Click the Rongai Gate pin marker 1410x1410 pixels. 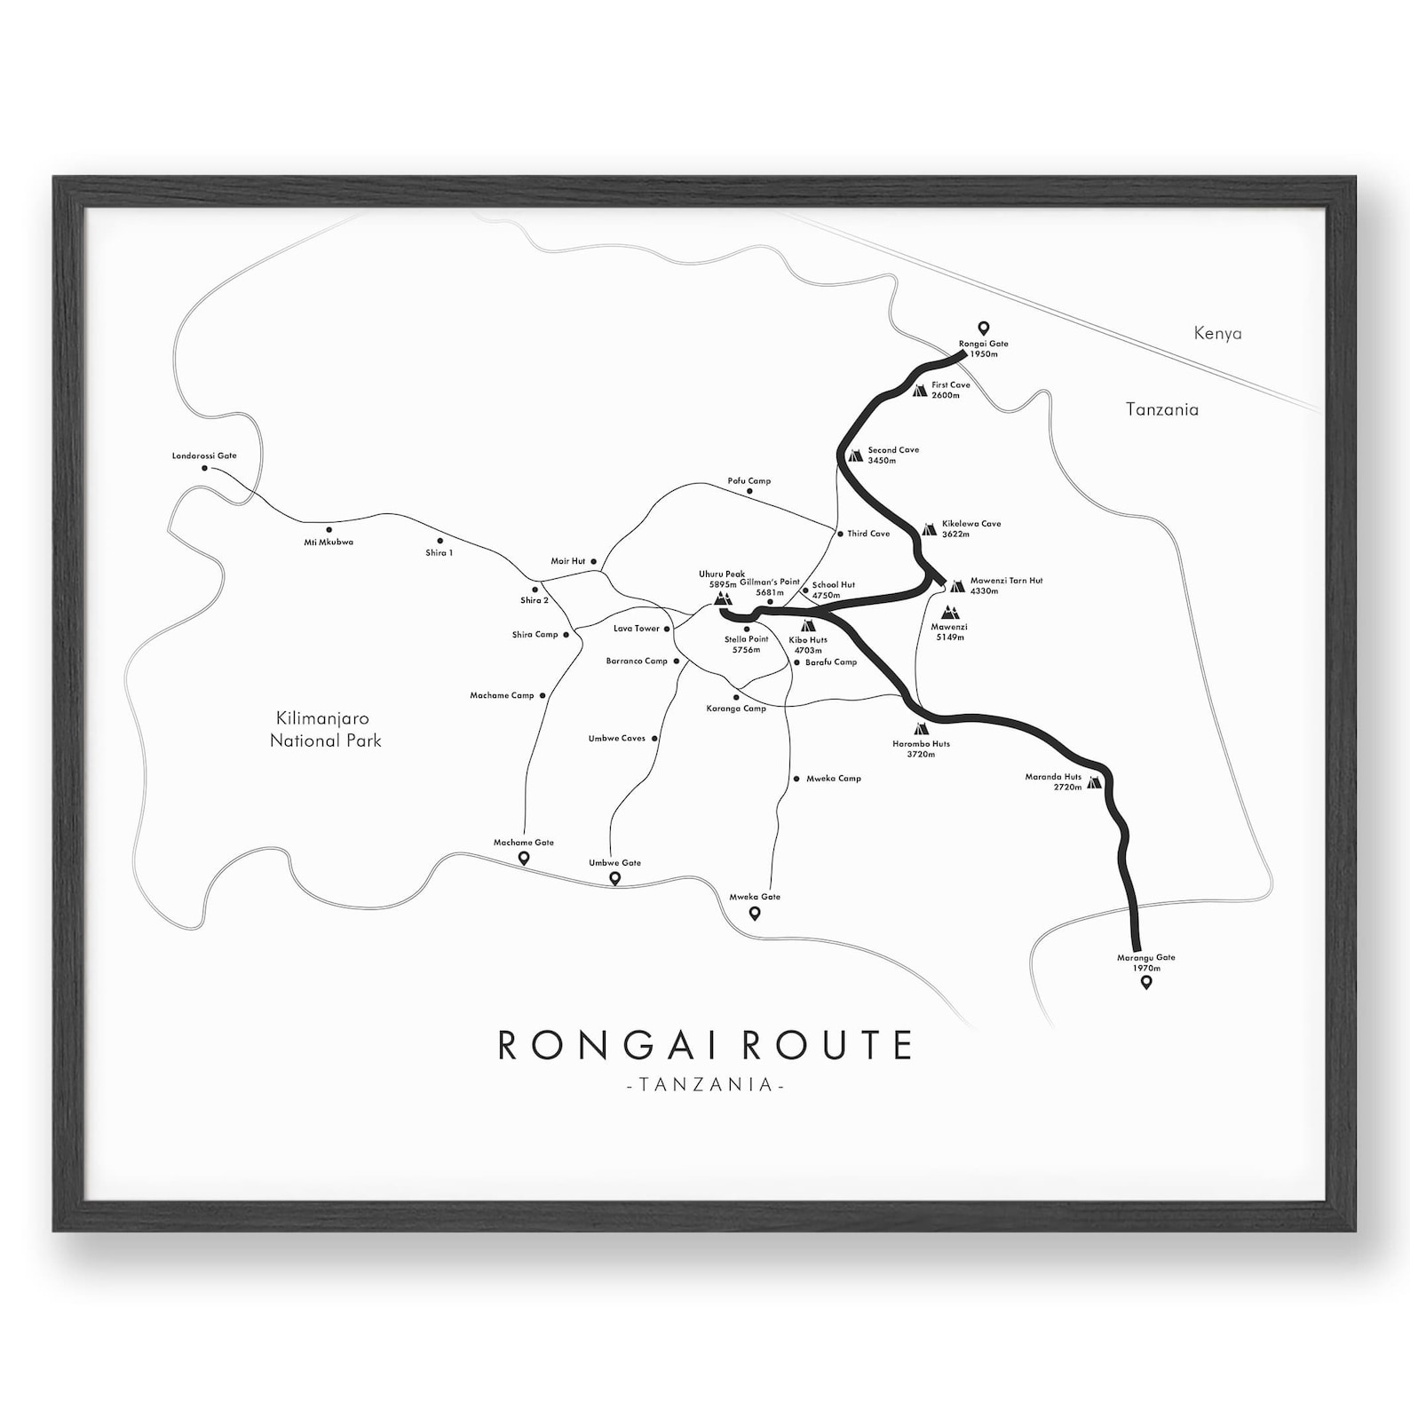coord(983,328)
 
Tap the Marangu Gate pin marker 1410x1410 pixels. coord(1146,982)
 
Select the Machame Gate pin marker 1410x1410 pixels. coord(524,858)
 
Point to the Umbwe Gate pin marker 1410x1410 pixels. coord(614,878)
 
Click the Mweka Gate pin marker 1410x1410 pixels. coord(755,913)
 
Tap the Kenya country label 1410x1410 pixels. coord(1217,334)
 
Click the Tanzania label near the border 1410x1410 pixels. coord(1161,409)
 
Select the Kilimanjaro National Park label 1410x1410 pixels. coord(325,729)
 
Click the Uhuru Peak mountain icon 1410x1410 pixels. coord(723,601)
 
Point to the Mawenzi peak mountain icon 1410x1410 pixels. coord(950,613)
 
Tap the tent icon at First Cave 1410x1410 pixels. coord(920,390)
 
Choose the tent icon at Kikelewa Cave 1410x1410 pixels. coord(929,529)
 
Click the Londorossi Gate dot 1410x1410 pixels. coord(204,467)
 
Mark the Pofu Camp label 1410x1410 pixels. coord(749,481)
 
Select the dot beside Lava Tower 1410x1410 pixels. coord(668,629)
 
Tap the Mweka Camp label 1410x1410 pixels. coord(833,779)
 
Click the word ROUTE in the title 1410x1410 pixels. coord(826,1045)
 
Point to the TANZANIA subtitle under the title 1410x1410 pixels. coord(705,1085)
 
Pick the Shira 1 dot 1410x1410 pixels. coord(440,541)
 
